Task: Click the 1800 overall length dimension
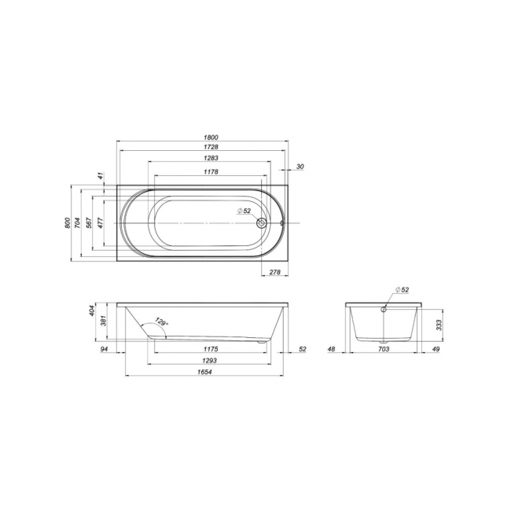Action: click(x=211, y=138)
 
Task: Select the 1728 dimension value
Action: click(x=211, y=147)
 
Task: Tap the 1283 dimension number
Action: click(x=211, y=158)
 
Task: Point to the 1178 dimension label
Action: click(x=211, y=171)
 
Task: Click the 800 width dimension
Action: click(x=68, y=223)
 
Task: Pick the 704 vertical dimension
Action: click(x=77, y=223)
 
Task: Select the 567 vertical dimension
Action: click(x=89, y=223)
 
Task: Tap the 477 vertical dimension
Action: click(x=101, y=223)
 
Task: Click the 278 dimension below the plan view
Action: click(x=275, y=272)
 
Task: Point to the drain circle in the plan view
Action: click(x=261, y=223)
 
